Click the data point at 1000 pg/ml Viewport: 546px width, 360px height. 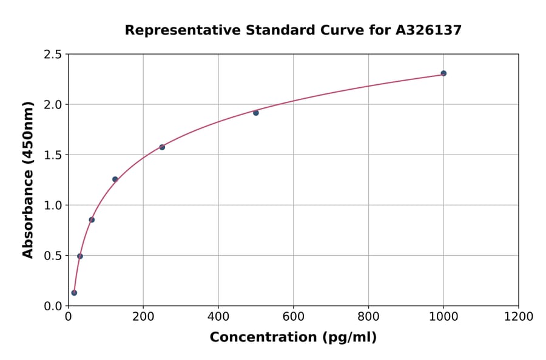coord(443,73)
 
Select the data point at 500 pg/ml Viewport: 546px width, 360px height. coord(256,113)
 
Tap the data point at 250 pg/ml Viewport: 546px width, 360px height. coord(162,147)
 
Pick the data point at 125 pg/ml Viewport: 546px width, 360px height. coord(115,179)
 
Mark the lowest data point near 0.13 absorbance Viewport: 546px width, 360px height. coord(74,293)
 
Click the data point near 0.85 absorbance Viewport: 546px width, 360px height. coord(92,220)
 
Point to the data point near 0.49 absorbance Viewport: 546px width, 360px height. coord(80,256)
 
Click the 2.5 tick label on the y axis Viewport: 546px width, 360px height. coord(53,55)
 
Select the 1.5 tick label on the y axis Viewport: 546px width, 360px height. coord(53,155)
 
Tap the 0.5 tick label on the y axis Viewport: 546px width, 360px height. coord(53,256)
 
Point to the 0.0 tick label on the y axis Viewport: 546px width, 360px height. coord(53,306)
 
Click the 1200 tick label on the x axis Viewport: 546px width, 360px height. coord(519,317)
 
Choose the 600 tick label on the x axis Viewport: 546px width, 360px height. coord(293,317)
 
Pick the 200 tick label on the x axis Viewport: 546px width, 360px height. coord(143,317)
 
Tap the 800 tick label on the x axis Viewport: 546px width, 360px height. coord(368,317)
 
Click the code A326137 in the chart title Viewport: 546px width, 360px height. coord(430,30)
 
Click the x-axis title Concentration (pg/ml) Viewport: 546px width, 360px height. coord(293,338)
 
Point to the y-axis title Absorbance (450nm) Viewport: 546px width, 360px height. coord(28,179)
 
